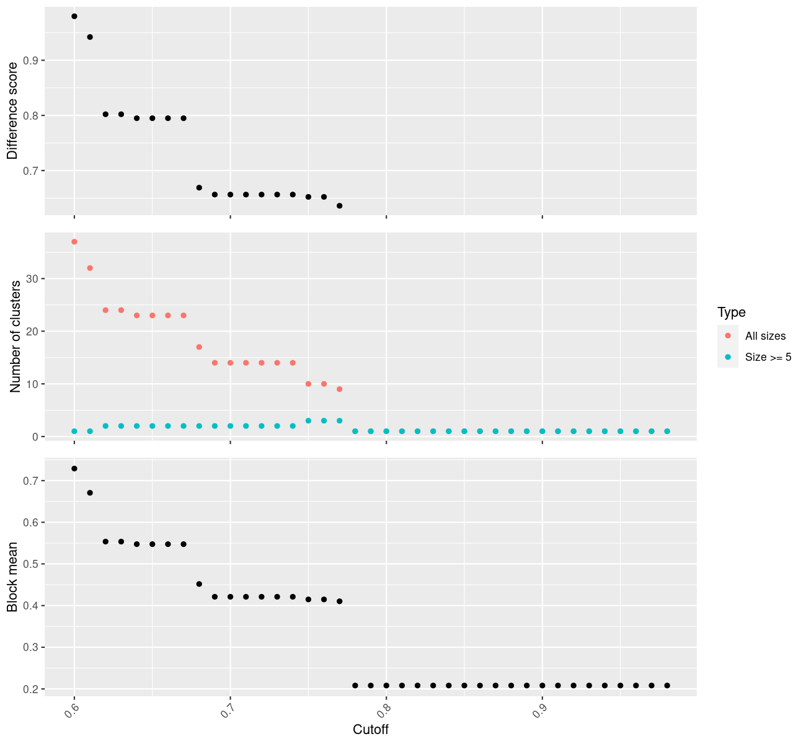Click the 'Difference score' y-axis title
point(12,111)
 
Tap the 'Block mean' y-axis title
point(12,576)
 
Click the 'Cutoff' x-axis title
point(371,729)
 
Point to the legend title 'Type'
point(731,312)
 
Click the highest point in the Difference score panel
point(74,16)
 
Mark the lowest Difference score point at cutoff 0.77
point(339,206)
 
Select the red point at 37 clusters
point(74,242)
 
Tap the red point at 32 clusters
point(90,268)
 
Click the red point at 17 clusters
point(199,347)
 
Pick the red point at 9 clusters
point(339,389)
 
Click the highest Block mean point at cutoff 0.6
point(74,469)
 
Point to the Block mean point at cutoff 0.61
point(90,493)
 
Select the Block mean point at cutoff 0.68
point(199,584)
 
